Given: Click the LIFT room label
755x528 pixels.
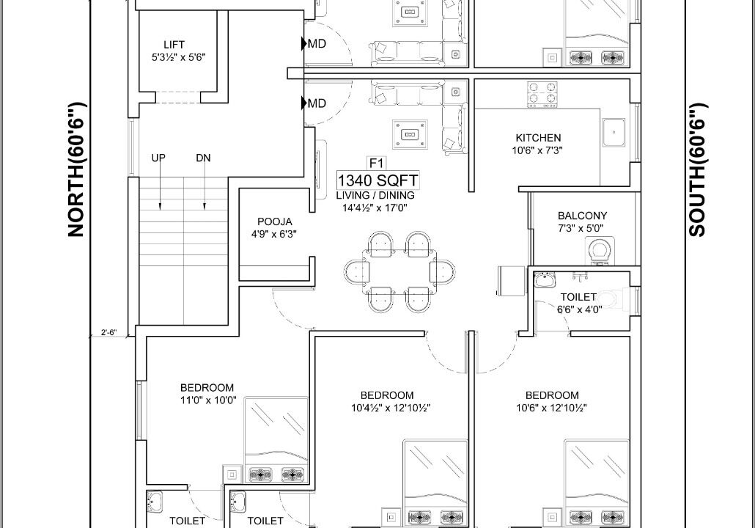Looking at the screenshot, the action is point(174,45).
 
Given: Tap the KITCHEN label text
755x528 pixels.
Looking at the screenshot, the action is point(538,138).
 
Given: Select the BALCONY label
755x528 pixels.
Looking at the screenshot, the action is point(582,216).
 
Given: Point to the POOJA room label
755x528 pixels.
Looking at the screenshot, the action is point(274,221).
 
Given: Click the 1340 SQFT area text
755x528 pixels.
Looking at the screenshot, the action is point(378,180).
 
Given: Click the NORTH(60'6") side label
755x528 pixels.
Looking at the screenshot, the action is point(76,169).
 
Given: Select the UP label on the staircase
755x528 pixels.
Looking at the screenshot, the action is point(158,158).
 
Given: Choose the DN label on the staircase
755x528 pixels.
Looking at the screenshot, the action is point(203,158).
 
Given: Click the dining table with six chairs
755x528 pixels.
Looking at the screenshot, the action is point(399,272).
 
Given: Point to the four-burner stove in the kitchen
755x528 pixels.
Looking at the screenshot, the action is point(542,94).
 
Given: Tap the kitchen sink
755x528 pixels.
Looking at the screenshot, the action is point(614,131).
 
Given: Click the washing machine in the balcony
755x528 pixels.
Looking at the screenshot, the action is point(600,251).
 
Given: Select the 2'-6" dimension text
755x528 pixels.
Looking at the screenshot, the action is point(108,332).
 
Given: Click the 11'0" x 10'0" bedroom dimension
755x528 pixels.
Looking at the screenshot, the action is point(208,400).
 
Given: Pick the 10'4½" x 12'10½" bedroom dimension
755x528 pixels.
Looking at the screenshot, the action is point(391,408).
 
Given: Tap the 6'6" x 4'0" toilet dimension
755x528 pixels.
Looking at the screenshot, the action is point(580,309).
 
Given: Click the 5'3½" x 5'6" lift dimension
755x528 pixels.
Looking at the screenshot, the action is point(179,57).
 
